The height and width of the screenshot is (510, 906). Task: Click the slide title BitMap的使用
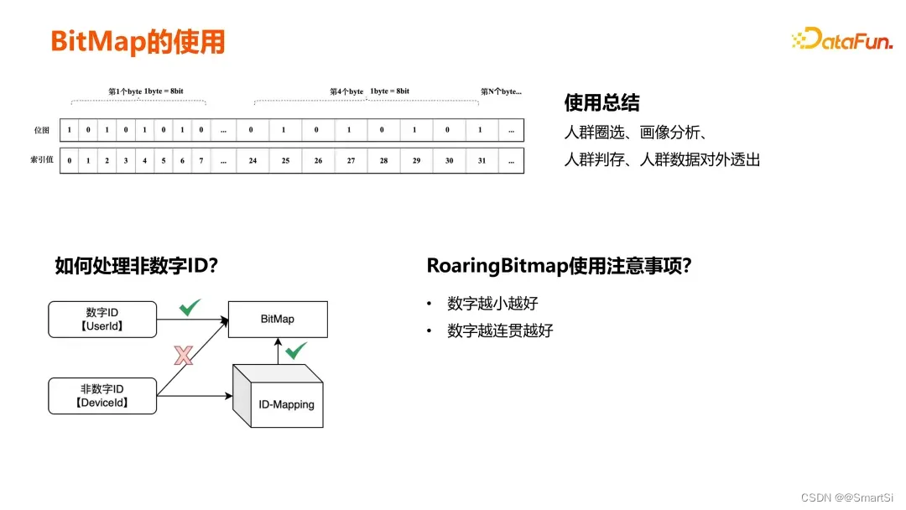click(138, 41)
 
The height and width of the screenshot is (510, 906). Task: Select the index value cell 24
click(253, 160)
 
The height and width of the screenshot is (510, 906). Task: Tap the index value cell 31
click(480, 160)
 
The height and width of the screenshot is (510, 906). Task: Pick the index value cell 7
click(200, 160)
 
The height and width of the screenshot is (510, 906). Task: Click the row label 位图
click(41, 130)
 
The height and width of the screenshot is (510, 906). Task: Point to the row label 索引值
click(41, 160)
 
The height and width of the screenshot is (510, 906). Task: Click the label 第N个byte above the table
click(501, 91)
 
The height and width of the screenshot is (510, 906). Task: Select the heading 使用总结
click(601, 102)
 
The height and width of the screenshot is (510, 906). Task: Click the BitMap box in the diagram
click(278, 319)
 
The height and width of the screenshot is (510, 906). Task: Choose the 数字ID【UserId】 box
click(102, 319)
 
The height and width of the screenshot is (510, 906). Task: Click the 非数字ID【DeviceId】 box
click(102, 396)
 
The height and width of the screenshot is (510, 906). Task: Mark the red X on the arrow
click(183, 356)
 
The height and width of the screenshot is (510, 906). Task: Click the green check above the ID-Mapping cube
click(295, 351)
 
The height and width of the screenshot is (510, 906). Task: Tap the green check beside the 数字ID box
click(190, 308)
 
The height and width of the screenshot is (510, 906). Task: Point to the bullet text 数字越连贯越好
click(500, 330)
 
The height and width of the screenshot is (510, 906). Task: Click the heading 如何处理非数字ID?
click(137, 266)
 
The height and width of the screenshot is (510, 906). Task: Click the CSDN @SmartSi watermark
click(847, 497)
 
